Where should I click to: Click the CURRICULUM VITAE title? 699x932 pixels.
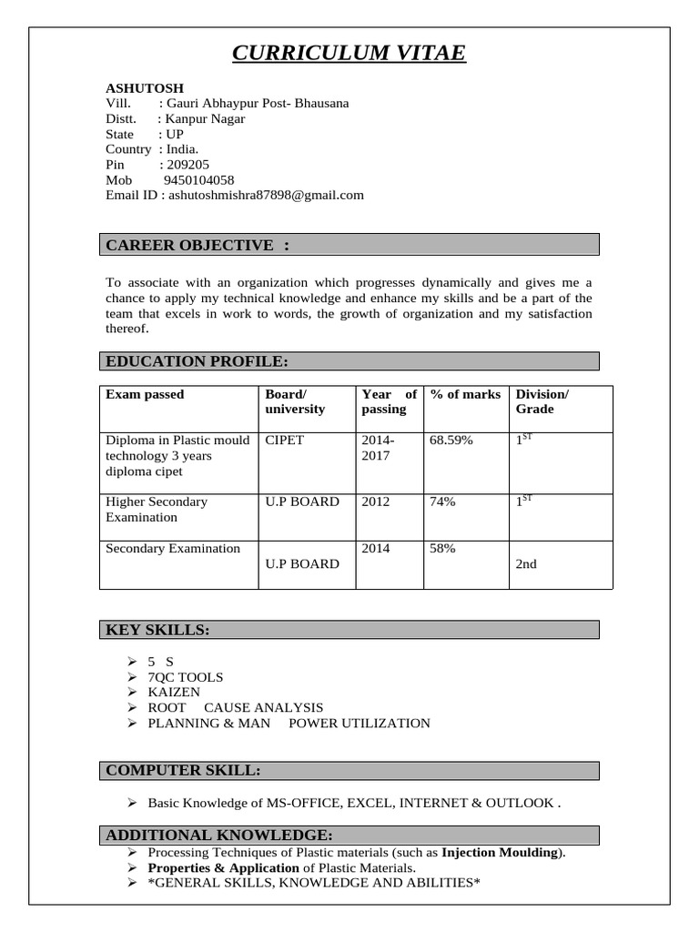coord(349,54)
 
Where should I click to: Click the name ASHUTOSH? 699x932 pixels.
coord(145,88)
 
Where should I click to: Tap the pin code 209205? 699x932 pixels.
coord(187,165)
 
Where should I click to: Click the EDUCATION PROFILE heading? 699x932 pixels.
coord(197,361)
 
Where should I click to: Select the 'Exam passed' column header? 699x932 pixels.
coord(145,394)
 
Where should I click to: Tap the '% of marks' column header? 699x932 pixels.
coord(465,394)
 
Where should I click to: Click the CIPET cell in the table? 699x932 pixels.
coord(284,441)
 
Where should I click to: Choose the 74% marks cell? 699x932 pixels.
coord(442,501)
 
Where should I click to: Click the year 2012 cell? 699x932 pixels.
coord(375,501)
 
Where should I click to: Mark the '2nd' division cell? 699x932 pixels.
coord(526,564)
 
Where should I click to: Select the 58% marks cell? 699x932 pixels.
coord(442,549)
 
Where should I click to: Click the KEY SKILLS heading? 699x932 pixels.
coord(157,630)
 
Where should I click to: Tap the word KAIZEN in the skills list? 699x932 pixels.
coord(174,692)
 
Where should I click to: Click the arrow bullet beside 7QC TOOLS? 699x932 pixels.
coord(131,677)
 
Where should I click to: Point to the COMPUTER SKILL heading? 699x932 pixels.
coord(183,771)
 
